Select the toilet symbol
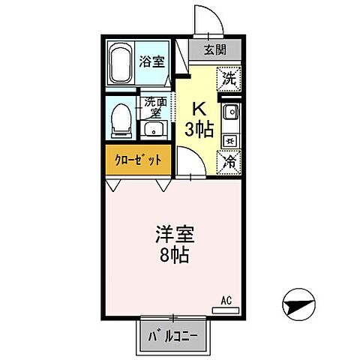point(120,118)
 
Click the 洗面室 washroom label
point(154,107)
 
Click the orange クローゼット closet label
point(138,160)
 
